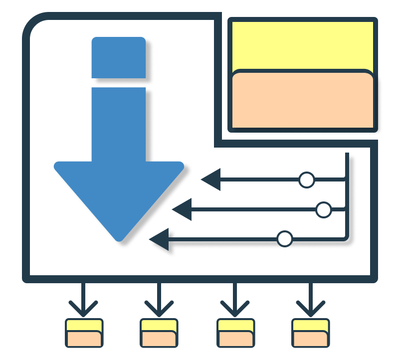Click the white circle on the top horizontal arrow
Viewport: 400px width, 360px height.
point(307,180)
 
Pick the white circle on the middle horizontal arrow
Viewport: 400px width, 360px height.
point(324,210)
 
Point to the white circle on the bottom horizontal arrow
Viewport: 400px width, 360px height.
point(285,239)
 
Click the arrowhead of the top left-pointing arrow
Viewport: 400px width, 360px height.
point(212,180)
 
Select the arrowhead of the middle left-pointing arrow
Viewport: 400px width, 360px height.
point(183,209)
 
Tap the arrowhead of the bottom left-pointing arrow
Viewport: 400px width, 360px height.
point(160,239)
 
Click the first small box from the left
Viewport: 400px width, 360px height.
point(84,333)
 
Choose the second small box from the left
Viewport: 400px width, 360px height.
point(159,333)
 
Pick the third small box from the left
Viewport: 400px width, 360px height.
point(235,333)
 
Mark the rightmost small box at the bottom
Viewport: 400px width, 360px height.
point(310,333)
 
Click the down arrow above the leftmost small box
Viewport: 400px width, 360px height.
point(83,302)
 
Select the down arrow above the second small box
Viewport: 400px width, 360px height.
point(159,302)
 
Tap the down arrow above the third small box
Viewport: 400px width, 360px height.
point(234,302)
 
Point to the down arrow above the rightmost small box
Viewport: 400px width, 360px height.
point(310,302)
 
